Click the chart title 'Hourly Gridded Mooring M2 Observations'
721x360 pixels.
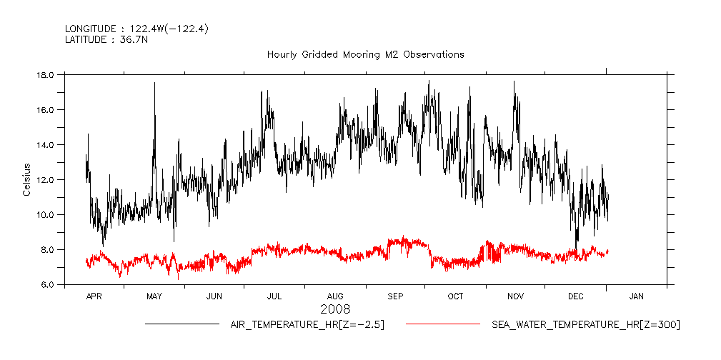[365, 54]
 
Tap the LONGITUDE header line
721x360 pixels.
[136, 29]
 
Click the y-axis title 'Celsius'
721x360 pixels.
[26, 179]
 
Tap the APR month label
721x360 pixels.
[94, 295]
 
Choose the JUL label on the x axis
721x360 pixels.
[274, 295]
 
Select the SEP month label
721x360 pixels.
[395, 295]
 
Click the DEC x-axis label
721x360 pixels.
[576, 295]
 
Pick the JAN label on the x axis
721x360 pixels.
[636, 295]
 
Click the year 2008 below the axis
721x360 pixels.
[335, 309]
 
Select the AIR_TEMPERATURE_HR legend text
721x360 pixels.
[307, 325]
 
